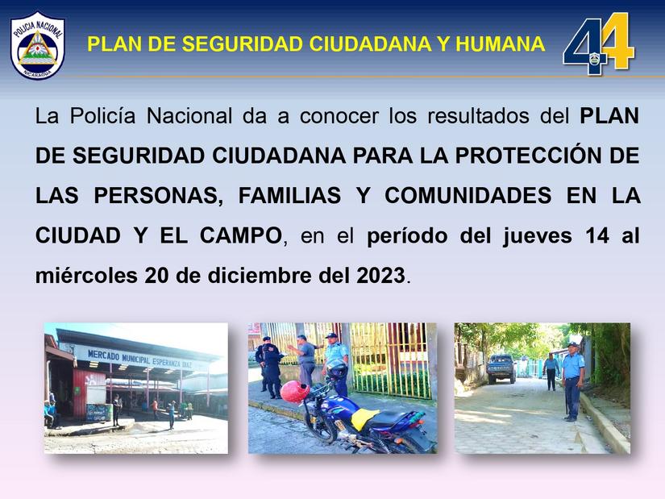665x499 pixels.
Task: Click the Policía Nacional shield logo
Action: coord(37,44)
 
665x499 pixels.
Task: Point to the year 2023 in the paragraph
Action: coord(380,276)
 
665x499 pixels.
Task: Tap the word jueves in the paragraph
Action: coord(532,236)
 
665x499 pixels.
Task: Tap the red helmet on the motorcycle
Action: coord(294,393)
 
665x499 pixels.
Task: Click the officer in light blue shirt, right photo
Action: coord(572,379)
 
